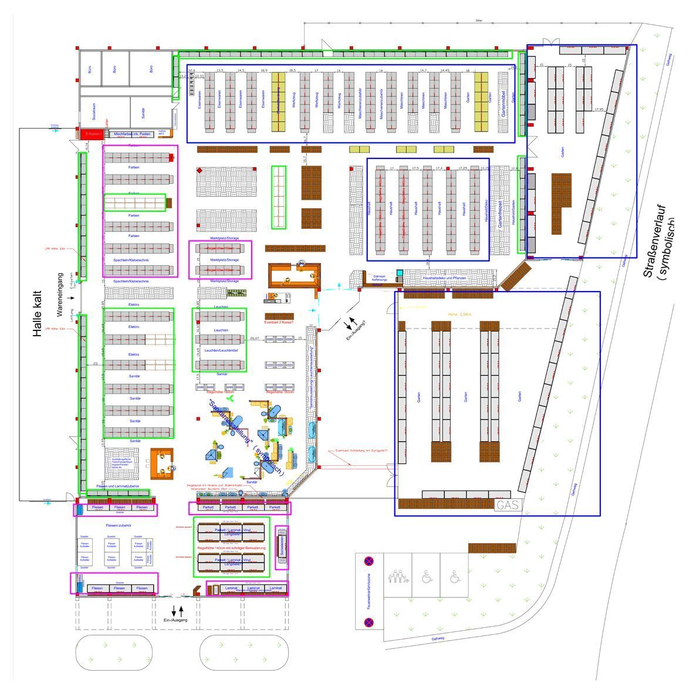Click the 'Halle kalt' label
[38, 314]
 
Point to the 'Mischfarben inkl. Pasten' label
[133, 134]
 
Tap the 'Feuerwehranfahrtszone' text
[369, 590]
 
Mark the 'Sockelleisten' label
[282, 546]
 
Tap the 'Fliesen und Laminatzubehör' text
[118, 486]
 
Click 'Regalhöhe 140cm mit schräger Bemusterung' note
[231, 548]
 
